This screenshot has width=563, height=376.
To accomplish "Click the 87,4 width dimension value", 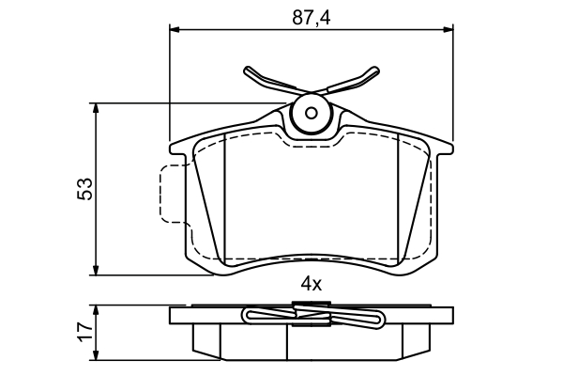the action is pyautogui.click(x=311, y=18).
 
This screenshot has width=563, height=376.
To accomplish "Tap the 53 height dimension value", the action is pyautogui.click(x=85, y=189).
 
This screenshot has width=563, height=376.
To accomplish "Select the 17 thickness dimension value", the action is pyautogui.click(x=85, y=332).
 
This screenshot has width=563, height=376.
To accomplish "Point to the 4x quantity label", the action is pyautogui.click(x=312, y=285).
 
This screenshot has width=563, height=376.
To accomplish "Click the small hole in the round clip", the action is pyautogui.click(x=311, y=114).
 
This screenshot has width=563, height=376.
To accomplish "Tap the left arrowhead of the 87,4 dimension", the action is pyautogui.click(x=174, y=29).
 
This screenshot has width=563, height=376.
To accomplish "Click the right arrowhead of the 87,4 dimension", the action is pyautogui.click(x=449, y=29).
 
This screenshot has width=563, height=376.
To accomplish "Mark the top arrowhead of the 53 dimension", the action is pyautogui.click(x=96, y=108).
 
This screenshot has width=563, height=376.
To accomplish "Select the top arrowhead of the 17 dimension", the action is pyautogui.click(x=96, y=310).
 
